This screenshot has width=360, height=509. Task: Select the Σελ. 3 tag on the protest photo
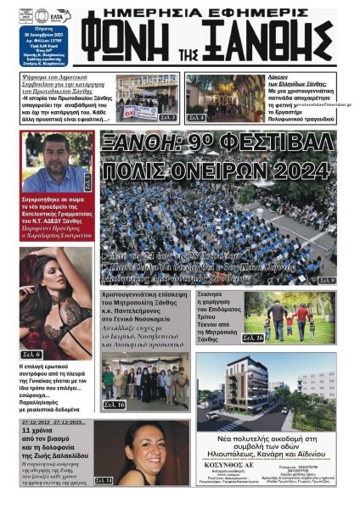(x=167, y=116)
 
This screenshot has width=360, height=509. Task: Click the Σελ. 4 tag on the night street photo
(x=196, y=117)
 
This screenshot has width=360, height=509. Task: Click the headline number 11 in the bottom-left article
(x=50, y=431)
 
